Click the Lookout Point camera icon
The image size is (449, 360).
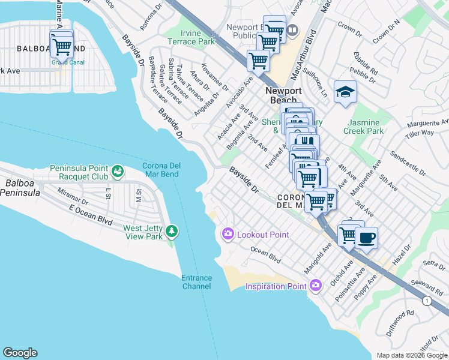(228, 234)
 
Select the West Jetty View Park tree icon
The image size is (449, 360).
(172, 231)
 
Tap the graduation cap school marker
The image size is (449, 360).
(345, 92)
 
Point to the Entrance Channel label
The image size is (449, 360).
(197, 281)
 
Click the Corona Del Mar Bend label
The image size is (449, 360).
(168, 170)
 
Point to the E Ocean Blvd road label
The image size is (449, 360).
(91, 215)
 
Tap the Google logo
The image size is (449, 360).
(20, 353)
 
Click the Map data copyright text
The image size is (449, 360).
(411, 355)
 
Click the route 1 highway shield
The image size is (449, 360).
(426, 301)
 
